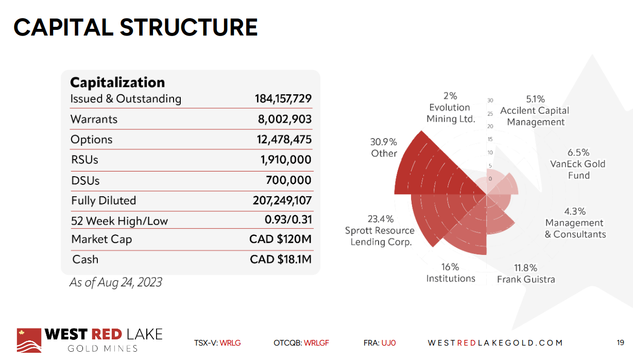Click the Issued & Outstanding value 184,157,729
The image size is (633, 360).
[x=283, y=98]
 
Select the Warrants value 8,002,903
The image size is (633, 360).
[x=284, y=119]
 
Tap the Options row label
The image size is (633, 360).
[x=91, y=140]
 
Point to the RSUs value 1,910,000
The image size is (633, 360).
[x=286, y=160]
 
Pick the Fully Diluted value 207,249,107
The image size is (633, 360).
[x=282, y=200]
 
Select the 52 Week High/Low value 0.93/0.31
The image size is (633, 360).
[x=288, y=220]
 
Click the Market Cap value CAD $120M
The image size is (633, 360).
[x=280, y=239]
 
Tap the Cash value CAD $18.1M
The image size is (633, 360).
[x=281, y=259]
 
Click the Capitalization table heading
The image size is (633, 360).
[x=117, y=82]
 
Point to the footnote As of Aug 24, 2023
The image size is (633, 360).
[x=116, y=282]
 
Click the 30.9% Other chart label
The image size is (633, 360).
[x=384, y=147]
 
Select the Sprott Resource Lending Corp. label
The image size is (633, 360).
[x=380, y=230]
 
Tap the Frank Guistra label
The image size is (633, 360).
[x=526, y=273]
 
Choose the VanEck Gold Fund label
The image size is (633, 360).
[x=578, y=164]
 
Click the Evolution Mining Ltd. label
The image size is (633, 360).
[x=450, y=107]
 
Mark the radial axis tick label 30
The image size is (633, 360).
[x=490, y=100]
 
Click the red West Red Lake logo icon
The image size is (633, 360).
[x=29, y=340]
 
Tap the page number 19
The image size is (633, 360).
[x=620, y=342]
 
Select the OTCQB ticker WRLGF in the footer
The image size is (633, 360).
[x=316, y=342]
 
